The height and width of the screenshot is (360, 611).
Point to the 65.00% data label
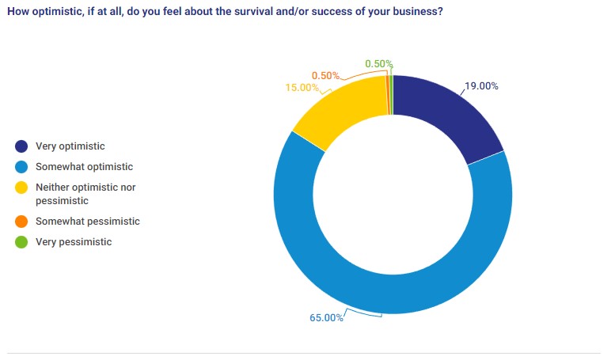[x=326, y=318]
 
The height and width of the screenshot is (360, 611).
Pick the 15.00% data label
[x=303, y=88]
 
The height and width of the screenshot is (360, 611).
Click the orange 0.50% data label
[x=325, y=76]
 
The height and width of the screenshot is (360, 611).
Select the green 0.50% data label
[x=379, y=64]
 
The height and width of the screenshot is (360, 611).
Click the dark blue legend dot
[x=21, y=146]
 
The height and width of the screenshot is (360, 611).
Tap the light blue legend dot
[x=21, y=167]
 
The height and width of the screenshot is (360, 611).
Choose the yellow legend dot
[x=21, y=188]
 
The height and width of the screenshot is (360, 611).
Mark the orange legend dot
[x=21, y=222]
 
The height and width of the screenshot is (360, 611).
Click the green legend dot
[x=21, y=242]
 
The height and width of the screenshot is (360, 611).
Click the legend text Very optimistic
[x=70, y=146]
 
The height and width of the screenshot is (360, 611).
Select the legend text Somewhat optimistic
[x=85, y=167]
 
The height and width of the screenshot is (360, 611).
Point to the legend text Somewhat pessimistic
[x=88, y=222]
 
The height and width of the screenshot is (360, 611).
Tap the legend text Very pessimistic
[x=74, y=242]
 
